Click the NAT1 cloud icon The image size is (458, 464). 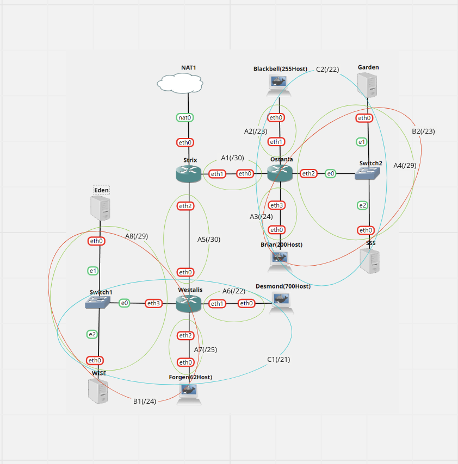180,83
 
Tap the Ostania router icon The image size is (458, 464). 280,173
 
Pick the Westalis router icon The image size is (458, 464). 189,304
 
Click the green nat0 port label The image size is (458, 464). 185,117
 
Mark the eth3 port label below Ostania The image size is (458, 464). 277,205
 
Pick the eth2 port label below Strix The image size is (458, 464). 185,205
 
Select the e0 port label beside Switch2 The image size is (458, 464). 331,173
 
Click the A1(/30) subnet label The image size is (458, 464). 232,158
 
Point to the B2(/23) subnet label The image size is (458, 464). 423,131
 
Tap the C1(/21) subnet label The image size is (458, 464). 278,359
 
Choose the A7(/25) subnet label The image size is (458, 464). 206,349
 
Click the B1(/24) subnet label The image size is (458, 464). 145,402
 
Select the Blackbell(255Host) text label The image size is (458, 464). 280,69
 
